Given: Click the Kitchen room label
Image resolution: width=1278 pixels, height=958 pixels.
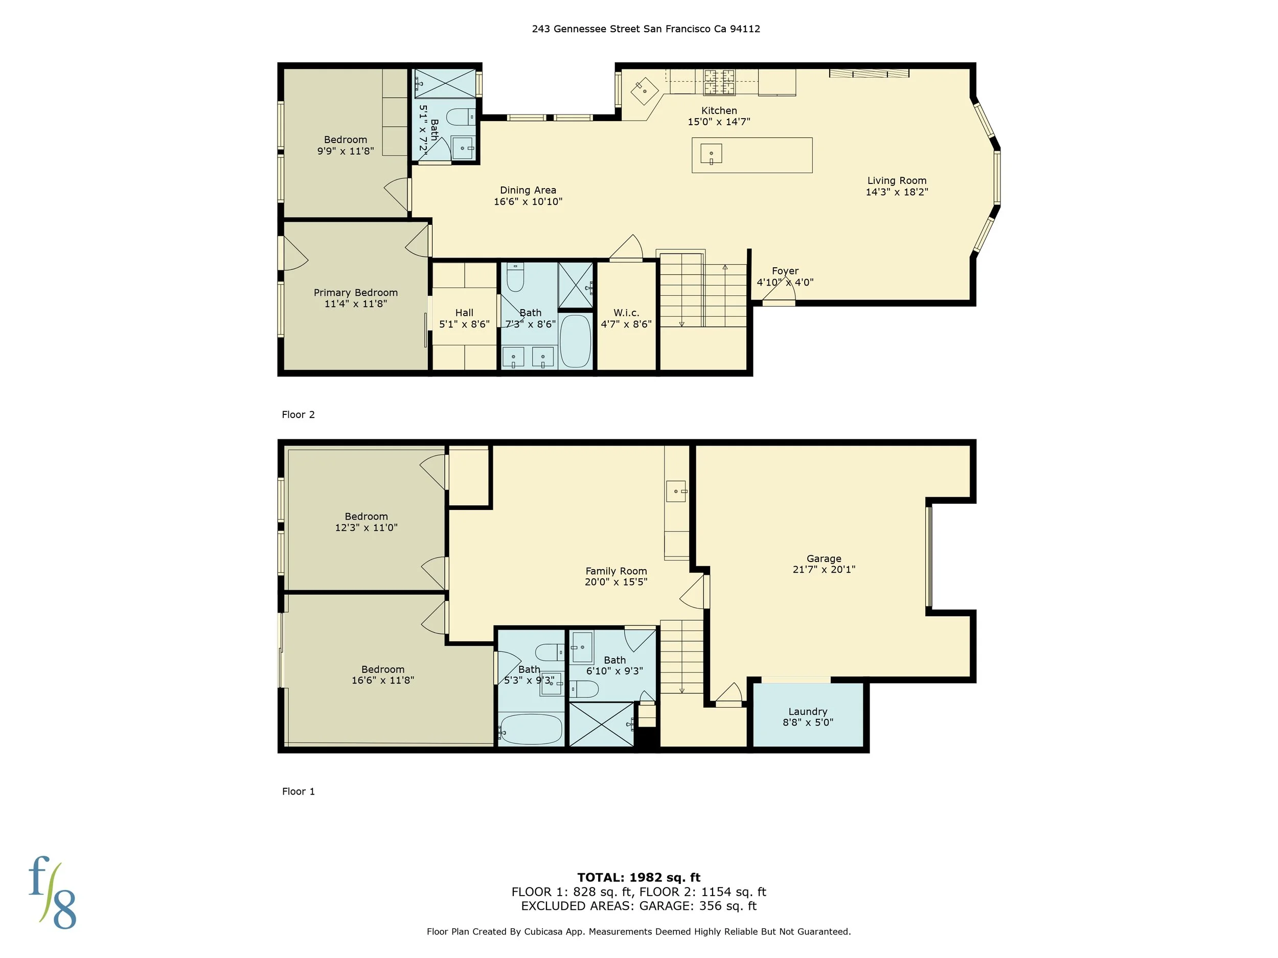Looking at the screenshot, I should point(719,110).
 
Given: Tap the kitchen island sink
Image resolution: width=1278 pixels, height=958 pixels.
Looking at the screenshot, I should point(711,154).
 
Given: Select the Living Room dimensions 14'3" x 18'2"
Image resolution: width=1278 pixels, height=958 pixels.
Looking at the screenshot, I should point(897,192).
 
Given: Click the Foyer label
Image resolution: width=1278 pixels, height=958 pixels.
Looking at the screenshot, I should point(785,271).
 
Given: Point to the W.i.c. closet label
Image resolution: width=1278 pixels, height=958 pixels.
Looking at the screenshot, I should point(626,312).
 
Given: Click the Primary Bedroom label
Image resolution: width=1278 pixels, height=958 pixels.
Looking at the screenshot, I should point(355,293).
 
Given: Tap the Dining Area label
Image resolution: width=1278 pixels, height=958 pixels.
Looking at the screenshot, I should point(528,190).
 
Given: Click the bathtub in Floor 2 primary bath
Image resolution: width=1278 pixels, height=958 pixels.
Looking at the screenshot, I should point(575,341).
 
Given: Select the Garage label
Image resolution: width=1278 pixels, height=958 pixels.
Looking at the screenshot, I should point(824,558).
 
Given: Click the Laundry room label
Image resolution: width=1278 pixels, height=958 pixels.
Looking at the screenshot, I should point(808,711).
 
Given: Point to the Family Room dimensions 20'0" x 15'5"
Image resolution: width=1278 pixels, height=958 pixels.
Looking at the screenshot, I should point(616,582).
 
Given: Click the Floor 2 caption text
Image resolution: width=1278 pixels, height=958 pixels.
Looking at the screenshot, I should point(298,414).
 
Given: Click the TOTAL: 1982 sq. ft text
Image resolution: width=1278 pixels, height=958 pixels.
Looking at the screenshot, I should point(638,878).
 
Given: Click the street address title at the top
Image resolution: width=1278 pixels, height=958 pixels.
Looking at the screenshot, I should point(645,29).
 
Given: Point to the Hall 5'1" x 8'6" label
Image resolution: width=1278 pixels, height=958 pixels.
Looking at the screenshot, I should point(464,318).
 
